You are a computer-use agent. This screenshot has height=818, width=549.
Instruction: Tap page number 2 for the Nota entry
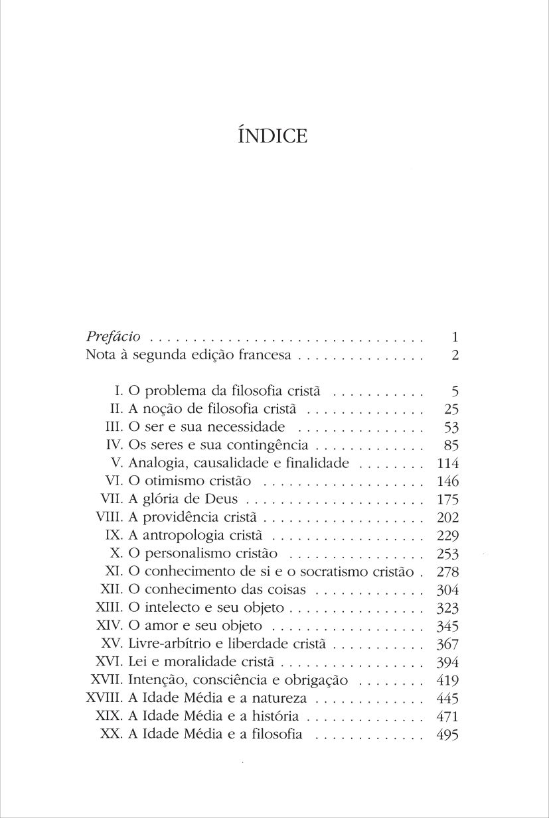click(x=455, y=355)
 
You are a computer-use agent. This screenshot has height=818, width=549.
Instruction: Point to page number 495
click(x=449, y=734)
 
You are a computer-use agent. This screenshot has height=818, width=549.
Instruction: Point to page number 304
click(x=449, y=590)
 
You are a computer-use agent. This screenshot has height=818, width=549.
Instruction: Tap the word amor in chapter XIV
click(x=159, y=626)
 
